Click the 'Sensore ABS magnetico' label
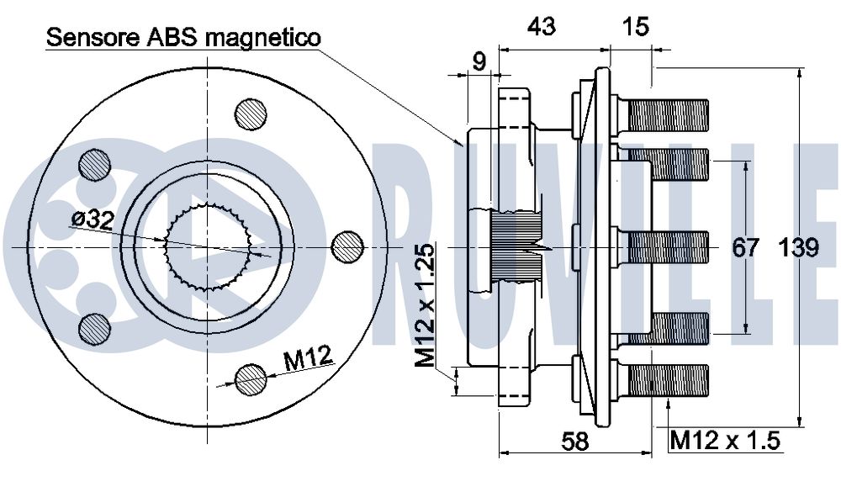[x=183, y=37]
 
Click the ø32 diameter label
[x=93, y=219]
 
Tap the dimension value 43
[x=541, y=27]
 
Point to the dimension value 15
[x=637, y=27]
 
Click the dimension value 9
[x=479, y=61]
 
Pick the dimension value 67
[x=745, y=248]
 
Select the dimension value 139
[x=798, y=248]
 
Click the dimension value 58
[x=575, y=440]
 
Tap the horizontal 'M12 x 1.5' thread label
[x=726, y=440]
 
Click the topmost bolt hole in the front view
[x=251, y=114]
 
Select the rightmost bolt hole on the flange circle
[x=347, y=246]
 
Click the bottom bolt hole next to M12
[x=251, y=379]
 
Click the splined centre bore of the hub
[x=209, y=246]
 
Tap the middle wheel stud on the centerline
[x=669, y=246]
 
